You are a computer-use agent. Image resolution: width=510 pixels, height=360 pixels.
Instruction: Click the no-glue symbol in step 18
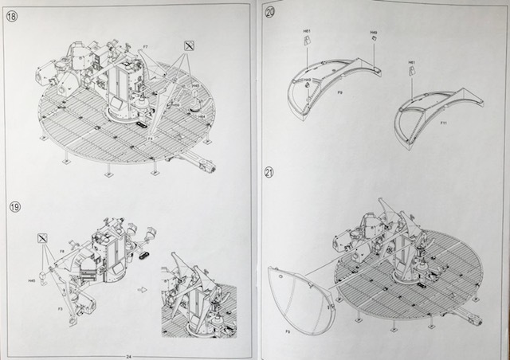pyautogui.click(x=188, y=45)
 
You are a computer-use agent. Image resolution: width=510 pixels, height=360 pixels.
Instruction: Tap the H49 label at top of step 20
pyautogui.click(x=373, y=33)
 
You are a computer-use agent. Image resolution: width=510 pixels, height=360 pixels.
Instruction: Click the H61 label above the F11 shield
pyautogui.click(x=412, y=61)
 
